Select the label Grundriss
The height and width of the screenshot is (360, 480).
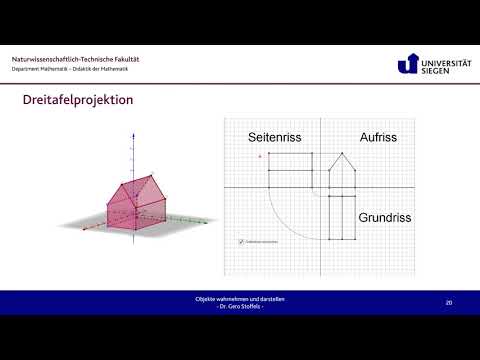tap(388, 215)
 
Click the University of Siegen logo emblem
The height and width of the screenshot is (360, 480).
tap(406, 64)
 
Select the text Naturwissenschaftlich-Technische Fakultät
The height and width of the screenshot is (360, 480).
tap(76, 59)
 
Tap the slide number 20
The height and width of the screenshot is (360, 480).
tap(449, 301)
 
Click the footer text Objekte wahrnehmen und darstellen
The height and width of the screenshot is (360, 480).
tap(240, 298)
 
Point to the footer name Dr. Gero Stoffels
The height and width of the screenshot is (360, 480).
tap(240, 305)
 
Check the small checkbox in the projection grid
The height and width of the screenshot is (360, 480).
tap(241, 241)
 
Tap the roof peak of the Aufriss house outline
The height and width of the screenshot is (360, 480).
tap(343, 154)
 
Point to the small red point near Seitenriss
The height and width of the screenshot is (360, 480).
tap(260, 156)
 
